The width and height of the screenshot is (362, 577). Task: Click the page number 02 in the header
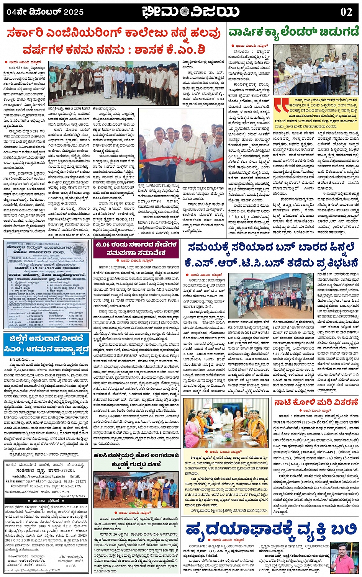(x=346, y=11)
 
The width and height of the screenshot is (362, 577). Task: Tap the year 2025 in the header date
(x=74, y=12)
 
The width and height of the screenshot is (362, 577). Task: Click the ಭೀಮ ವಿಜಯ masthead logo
(x=190, y=11)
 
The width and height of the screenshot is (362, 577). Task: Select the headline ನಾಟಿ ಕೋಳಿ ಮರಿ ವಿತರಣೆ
(x=316, y=402)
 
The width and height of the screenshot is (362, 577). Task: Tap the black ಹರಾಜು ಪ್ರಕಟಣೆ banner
(x=46, y=500)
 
